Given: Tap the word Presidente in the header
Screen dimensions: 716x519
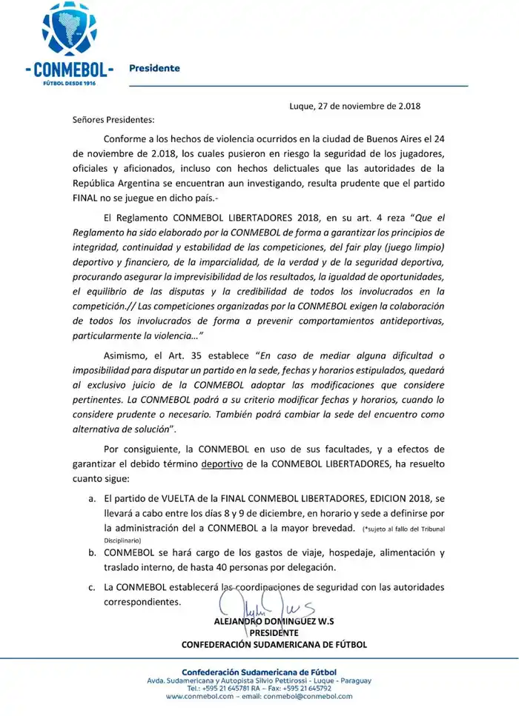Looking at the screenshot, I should [x=154, y=68].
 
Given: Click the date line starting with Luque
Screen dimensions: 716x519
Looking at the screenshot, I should [x=354, y=106].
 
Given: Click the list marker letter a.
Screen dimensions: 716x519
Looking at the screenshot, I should [x=91, y=500].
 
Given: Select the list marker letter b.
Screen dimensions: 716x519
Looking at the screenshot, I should [x=91, y=553].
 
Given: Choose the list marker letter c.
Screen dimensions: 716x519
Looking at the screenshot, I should [x=91, y=587].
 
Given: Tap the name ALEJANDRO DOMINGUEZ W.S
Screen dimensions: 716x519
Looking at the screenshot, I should [x=274, y=622].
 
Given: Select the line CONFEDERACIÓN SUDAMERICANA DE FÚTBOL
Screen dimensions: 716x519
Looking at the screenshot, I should [x=274, y=645].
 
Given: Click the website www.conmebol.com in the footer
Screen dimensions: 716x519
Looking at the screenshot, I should [x=199, y=697].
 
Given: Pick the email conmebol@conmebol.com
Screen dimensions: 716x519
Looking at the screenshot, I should [x=308, y=697].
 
